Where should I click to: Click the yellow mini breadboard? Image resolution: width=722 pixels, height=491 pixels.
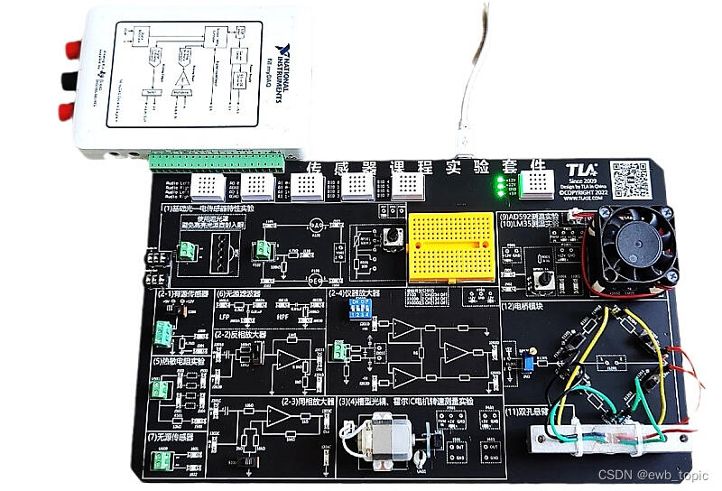coord(450,245)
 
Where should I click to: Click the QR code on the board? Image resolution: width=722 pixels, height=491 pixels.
coord(629,180)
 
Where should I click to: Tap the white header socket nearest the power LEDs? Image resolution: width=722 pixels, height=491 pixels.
coord(541,185)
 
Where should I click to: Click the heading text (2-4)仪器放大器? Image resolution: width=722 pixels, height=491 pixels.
coord(354,293)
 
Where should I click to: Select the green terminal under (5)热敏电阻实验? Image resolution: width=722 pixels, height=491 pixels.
coord(161,391)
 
